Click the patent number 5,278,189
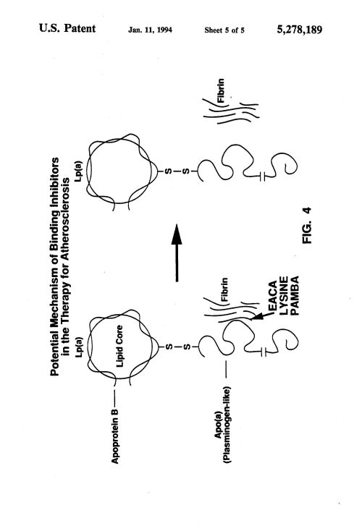[300, 30]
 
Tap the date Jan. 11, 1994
[150, 30]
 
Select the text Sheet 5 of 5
[224, 30]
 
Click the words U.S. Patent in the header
[67, 28]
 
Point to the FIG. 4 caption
[307, 225]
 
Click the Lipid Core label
[119, 346]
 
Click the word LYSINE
[284, 296]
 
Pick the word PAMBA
[295, 296]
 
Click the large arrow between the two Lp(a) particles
[177, 252]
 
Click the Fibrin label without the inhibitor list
[221, 90]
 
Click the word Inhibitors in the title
[54, 182]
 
